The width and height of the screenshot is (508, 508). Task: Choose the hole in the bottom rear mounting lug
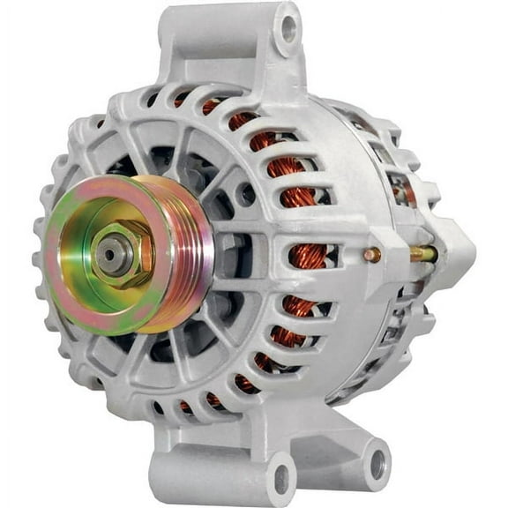click(x=377, y=459)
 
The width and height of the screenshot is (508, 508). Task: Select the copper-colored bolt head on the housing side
click(x=373, y=255)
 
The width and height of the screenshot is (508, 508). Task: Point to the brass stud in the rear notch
click(x=422, y=254)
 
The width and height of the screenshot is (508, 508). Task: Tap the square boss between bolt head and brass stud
click(x=397, y=255)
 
